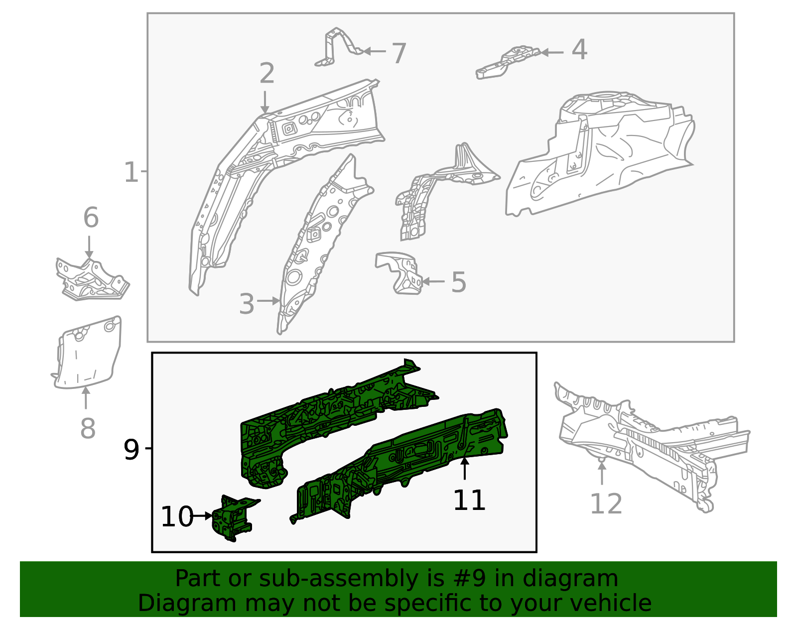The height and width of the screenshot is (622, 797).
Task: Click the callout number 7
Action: point(399,53)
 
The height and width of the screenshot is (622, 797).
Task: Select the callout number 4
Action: point(579,50)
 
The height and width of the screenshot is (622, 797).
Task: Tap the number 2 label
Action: point(267,74)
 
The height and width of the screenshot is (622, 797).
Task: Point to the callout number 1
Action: point(131,172)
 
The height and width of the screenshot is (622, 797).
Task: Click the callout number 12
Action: point(606,504)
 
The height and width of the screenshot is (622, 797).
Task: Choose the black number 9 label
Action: point(131,450)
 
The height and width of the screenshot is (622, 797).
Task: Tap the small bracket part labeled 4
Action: point(508,62)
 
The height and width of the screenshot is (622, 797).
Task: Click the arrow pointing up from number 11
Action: point(464,469)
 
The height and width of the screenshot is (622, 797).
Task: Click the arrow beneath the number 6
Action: point(89,247)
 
